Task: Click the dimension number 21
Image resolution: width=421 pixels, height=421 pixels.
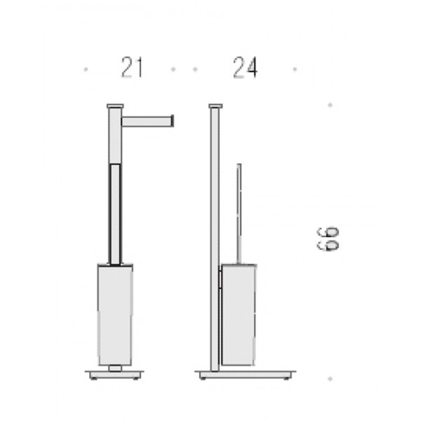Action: (x=132, y=67)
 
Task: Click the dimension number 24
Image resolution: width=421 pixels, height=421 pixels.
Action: (x=245, y=67)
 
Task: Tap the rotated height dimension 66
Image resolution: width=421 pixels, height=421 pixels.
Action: (x=328, y=239)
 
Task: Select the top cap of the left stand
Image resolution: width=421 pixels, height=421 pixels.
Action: (x=115, y=106)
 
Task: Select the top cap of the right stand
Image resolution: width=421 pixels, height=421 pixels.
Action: (x=215, y=106)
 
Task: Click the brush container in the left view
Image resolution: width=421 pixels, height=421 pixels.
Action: (x=115, y=315)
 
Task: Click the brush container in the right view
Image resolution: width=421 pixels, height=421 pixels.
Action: (x=238, y=315)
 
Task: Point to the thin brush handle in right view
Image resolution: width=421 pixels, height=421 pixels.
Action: (x=239, y=214)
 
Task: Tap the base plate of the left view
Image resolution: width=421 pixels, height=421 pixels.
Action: (x=115, y=375)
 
